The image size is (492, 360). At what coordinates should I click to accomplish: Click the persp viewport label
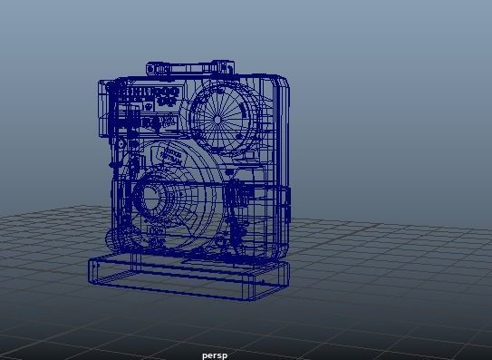pyautogui.click(x=215, y=355)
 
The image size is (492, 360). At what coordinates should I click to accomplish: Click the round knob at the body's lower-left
pyautogui.click(x=117, y=240)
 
